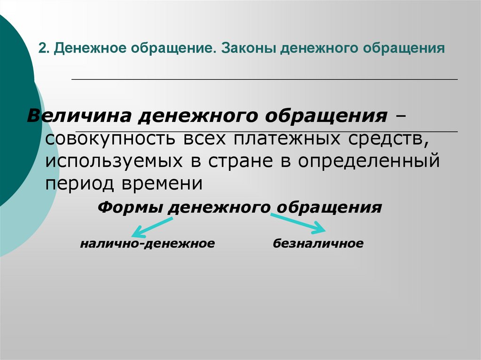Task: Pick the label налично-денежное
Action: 147,244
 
